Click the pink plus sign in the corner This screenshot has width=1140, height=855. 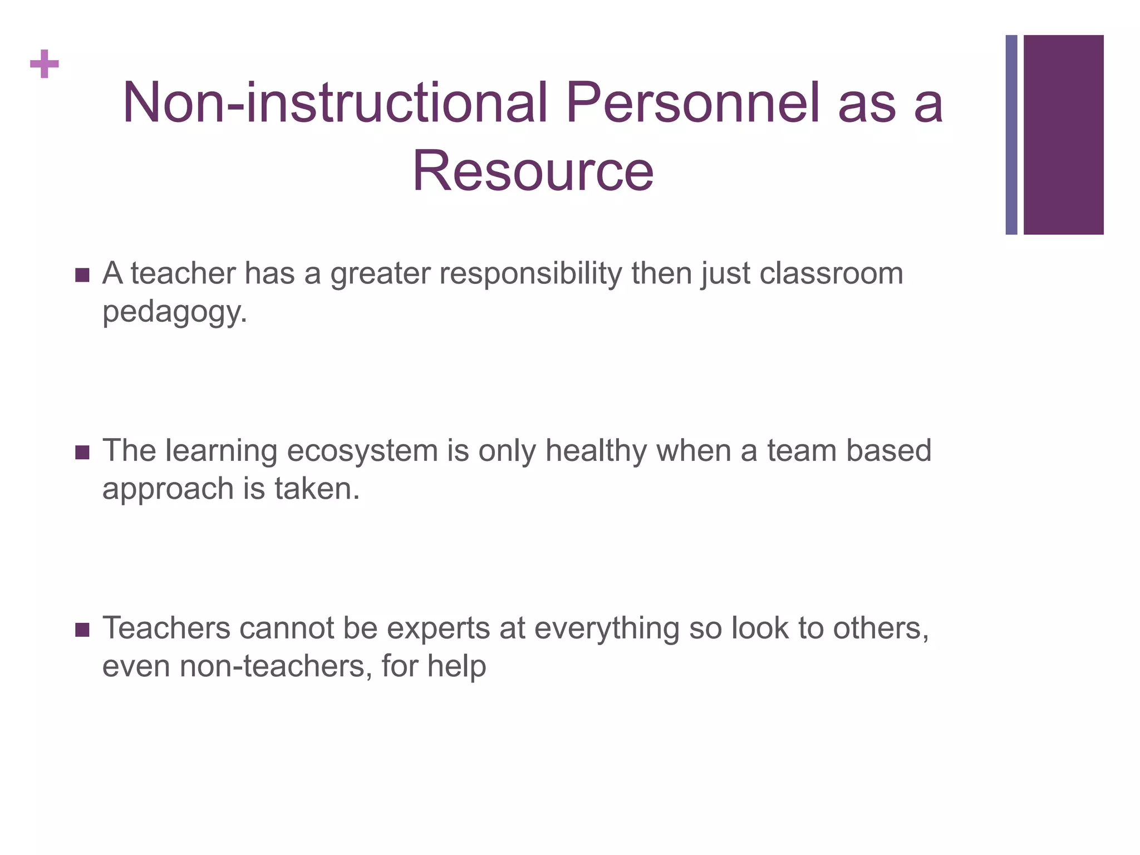[x=45, y=64]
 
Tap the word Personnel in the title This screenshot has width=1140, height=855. [x=693, y=103]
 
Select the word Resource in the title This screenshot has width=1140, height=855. [x=533, y=171]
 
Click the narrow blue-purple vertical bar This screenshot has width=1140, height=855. [x=1011, y=135]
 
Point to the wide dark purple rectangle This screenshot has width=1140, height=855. [x=1064, y=135]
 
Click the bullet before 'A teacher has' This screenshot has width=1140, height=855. [x=82, y=275]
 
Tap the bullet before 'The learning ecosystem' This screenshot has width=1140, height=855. [x=82, y=452]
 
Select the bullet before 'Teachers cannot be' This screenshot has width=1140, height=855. [x=82, y=630]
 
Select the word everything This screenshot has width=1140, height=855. [x=607, y=628]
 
